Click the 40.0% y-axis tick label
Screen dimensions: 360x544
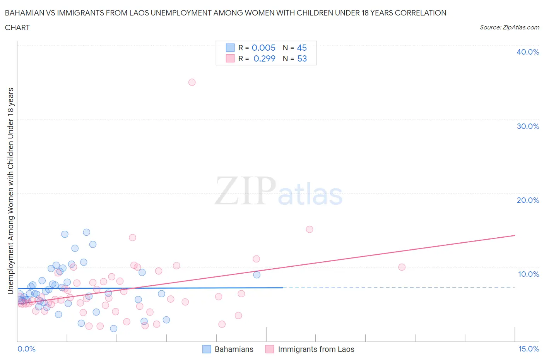point(527,52)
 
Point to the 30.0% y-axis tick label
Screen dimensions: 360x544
point(527,126)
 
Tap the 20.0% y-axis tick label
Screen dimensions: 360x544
point(527,200)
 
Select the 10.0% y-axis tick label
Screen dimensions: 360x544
point(528,274)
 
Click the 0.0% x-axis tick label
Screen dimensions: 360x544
point(26,349)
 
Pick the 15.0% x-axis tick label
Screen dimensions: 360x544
point(529,349)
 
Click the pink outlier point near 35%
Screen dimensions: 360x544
point(192,82)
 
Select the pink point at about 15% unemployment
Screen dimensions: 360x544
point(310,229)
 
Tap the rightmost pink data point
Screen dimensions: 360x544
point(402,267)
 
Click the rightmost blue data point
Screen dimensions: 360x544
point(257,275)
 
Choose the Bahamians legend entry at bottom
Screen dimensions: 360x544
point(228,349)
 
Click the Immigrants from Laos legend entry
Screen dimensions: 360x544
point(310,349)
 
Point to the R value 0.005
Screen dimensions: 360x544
point(263,48)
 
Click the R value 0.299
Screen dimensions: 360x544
point(264,58)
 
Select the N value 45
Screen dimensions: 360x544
point(302,48)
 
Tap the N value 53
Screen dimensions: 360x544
point(302,58)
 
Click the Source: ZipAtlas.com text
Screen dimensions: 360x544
point(509,27)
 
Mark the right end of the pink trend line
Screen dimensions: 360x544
point(515,235)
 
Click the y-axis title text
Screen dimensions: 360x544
point(10,190)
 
